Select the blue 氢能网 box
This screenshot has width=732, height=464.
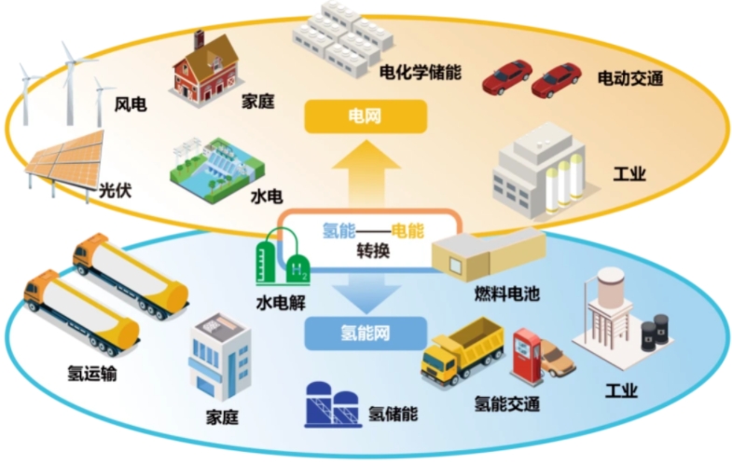coord(366,331)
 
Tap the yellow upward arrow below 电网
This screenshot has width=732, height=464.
coord(366,177)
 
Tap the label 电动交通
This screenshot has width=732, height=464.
coord(629,79)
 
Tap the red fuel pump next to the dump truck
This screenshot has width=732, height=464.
coord(529,353)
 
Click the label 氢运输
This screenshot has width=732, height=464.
coord(92,374)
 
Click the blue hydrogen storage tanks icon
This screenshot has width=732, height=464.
coord(334,405)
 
